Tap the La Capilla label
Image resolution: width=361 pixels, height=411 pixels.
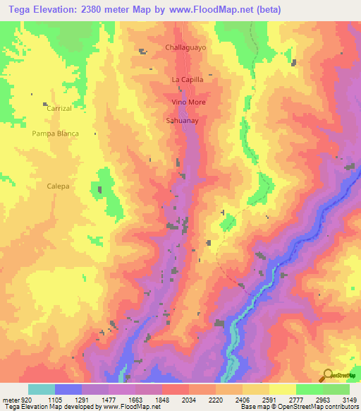point(188,80)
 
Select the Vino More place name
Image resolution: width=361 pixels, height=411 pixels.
point(188,102)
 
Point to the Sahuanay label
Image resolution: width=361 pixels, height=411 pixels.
point(181,121)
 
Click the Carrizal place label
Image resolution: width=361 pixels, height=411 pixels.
point(59,109)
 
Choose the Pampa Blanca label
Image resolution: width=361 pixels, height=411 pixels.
point(55,133)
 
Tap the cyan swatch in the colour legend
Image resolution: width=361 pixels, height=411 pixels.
point(42,389)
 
